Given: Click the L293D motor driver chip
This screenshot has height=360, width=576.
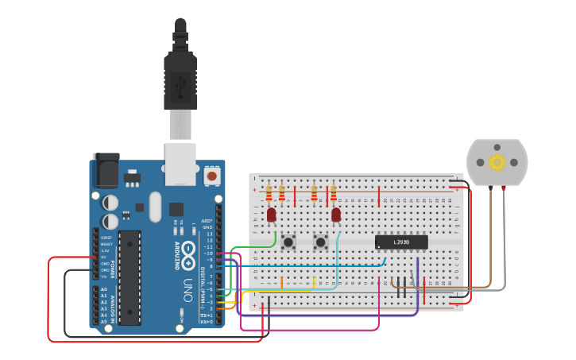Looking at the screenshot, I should point(401,242).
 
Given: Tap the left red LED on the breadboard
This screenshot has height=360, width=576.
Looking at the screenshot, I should point(272,215).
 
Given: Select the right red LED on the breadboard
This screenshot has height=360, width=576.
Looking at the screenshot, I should point(336,215).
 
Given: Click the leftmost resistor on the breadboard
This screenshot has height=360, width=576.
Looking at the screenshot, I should point(269,193).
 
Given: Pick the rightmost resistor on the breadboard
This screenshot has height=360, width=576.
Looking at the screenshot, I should point(333,193).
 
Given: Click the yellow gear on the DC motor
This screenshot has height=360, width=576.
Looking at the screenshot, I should point(497,162).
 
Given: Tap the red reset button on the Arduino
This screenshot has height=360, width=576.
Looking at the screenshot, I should point(212,174).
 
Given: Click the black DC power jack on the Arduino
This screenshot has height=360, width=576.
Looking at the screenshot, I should point(106,170).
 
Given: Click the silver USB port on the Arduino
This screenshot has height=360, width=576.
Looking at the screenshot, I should point(180,164).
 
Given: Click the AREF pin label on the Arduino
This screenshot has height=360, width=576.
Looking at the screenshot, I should point(207,221).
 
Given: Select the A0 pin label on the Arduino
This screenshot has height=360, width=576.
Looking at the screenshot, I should point(104,289).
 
